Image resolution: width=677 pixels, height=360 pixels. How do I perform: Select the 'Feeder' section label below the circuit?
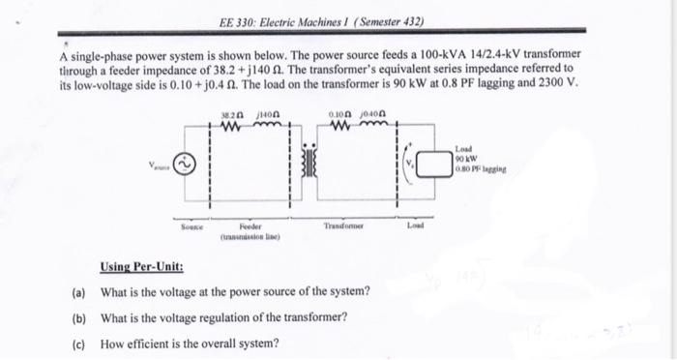(x=250, y=225)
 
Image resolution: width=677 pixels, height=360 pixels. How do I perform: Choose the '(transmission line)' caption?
(x=250, y=235)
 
